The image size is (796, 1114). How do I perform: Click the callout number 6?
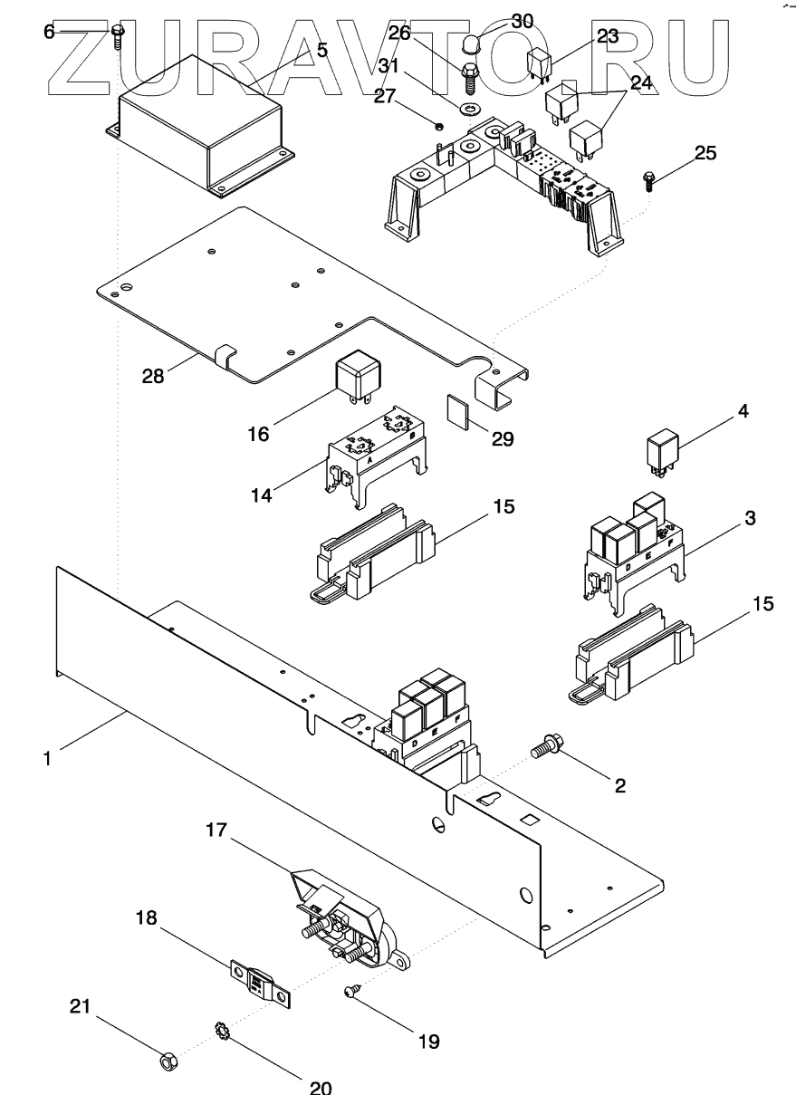point(49,32)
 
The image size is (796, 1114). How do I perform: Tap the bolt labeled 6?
point(118,35)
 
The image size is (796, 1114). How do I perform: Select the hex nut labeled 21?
point(168,1059)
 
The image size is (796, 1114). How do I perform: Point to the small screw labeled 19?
point(351,994)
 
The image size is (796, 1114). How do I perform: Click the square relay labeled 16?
point(358,374)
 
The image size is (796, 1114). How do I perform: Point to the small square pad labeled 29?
point(458,410)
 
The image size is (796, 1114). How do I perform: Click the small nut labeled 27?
point(438,125)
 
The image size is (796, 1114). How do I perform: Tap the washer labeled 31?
point(468,110)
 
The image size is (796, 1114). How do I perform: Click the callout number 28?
point(153,375)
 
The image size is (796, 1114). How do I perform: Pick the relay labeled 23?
point(542,63)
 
